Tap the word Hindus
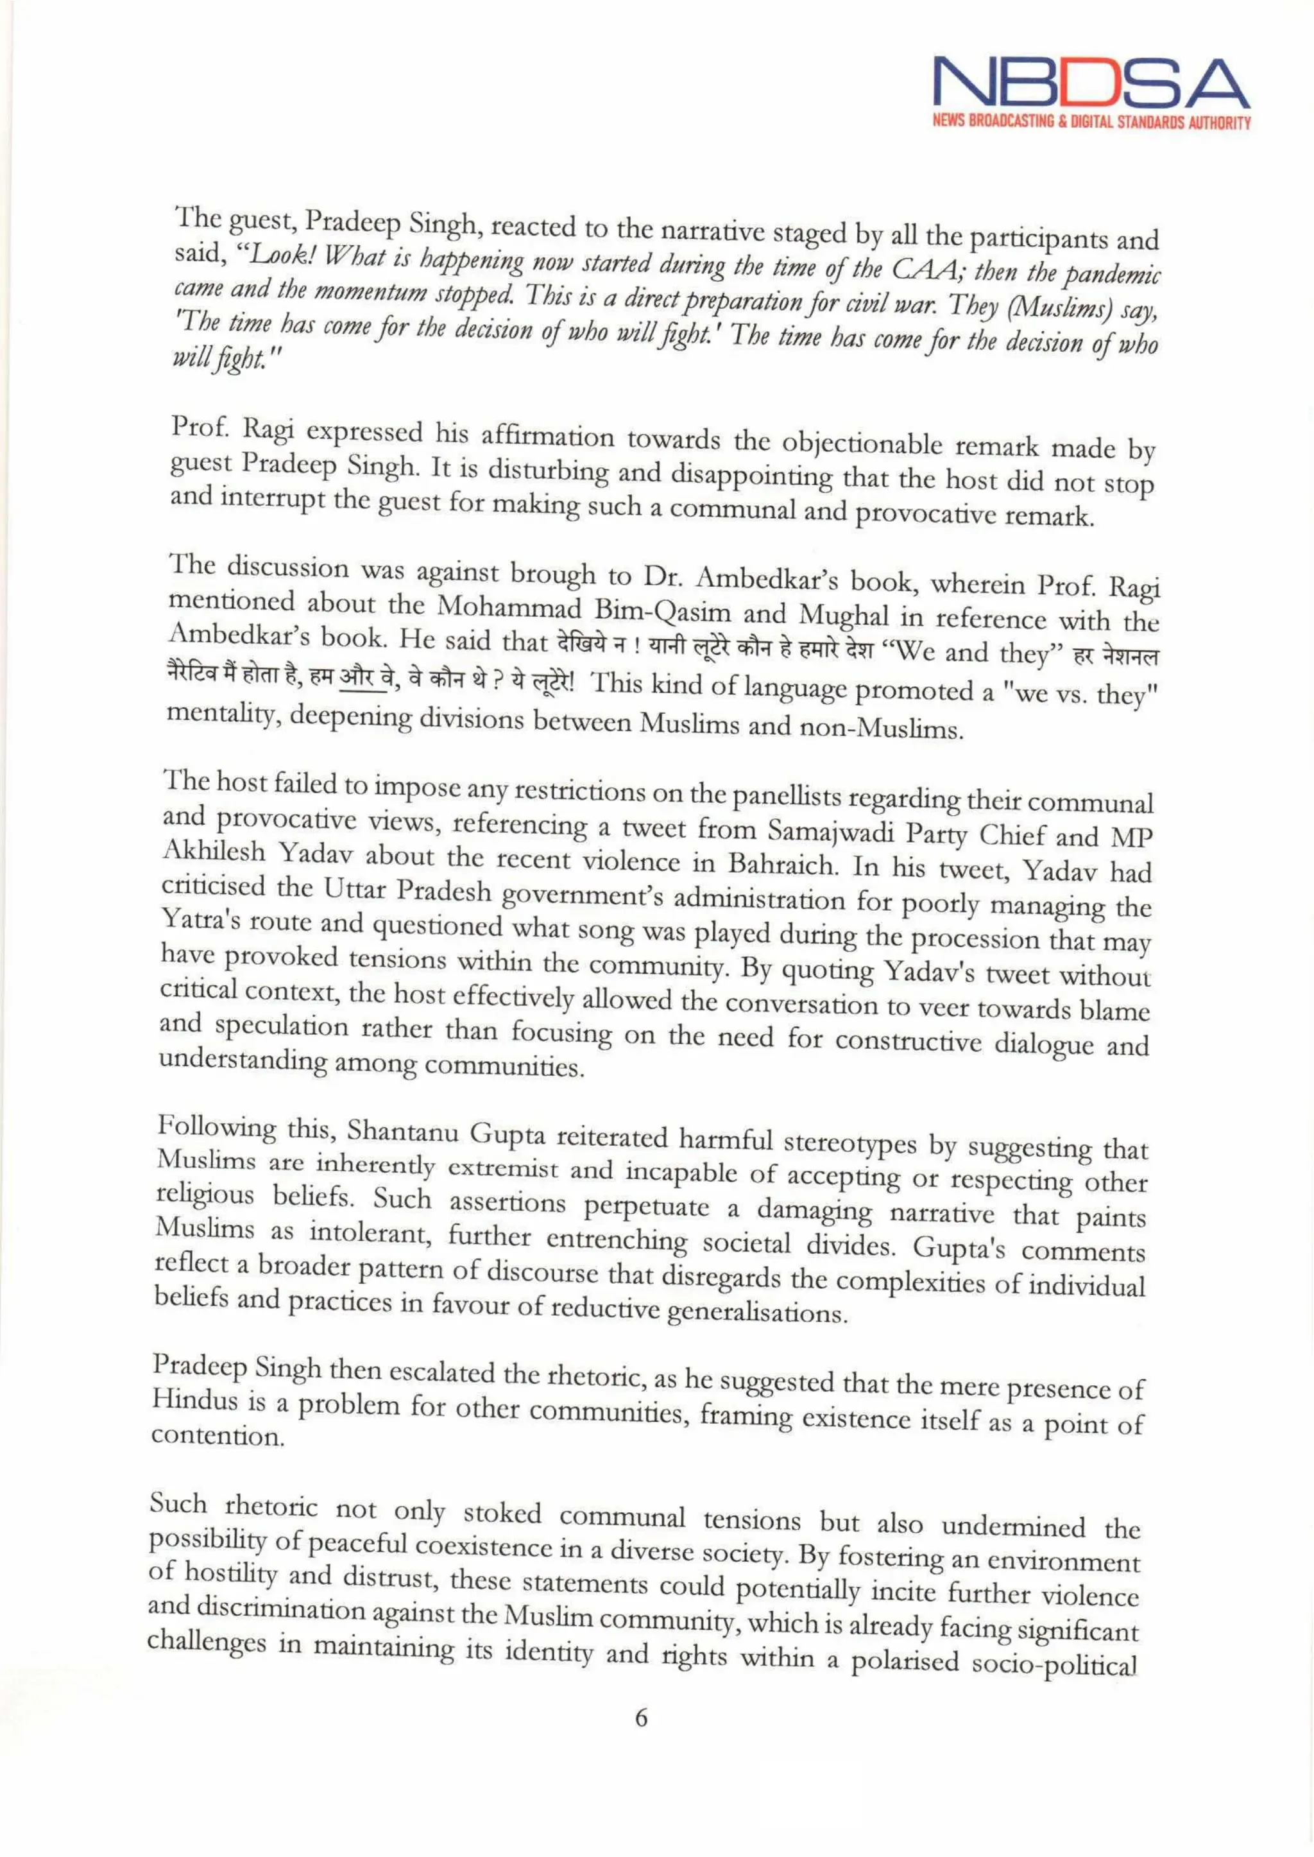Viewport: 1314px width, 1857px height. pos(195,1401)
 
